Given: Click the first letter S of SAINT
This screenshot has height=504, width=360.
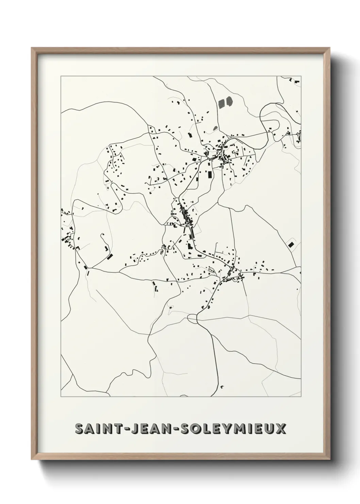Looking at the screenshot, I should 80,429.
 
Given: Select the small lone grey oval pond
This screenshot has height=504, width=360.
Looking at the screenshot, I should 215,128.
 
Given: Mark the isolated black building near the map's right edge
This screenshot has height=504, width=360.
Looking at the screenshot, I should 291,244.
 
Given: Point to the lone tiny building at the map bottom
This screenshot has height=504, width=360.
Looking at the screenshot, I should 222,387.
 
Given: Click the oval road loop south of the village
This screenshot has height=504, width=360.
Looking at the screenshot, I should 192,318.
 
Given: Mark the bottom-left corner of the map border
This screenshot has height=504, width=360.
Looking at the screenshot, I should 61,397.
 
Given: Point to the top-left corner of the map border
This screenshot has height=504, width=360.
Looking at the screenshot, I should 61,76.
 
